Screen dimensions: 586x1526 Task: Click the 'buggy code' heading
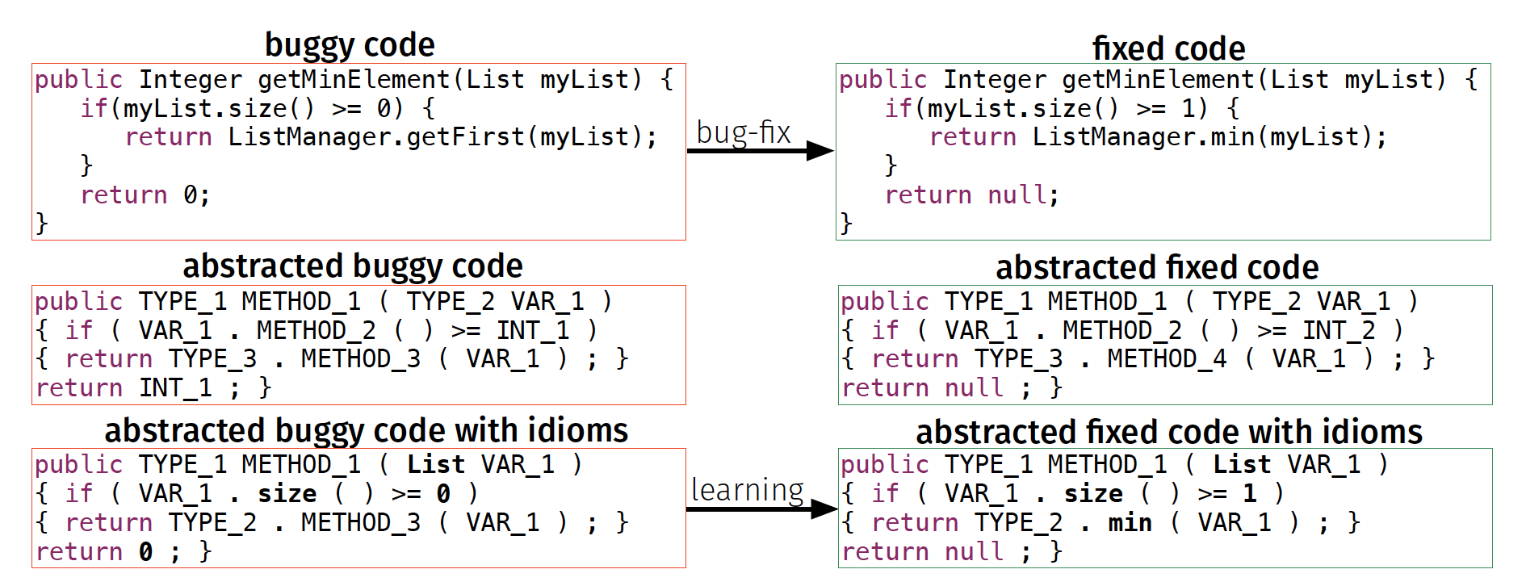(350, 45)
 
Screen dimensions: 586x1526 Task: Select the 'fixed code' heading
(1168, 48)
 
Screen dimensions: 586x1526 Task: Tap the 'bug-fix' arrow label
(743, 132)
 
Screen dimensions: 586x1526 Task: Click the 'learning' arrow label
(747, 490)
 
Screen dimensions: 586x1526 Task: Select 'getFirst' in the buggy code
(465, 137)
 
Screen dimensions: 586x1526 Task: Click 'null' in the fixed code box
(1017, 195)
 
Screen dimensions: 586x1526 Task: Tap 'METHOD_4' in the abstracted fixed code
(1166, 358)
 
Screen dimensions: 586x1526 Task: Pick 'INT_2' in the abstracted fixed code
(1339, 330)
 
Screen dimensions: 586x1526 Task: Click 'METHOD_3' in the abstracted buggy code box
(360, 358)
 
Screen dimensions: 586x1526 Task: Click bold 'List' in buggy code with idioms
(435, 465)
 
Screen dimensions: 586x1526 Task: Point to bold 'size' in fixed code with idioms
(1093, 494)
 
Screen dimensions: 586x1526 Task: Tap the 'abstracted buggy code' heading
(353, 266)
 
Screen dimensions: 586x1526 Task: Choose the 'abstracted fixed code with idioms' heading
(1168, 433)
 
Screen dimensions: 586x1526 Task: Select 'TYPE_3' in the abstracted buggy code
(212, 358)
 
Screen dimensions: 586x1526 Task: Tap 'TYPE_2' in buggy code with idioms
(212, 523)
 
